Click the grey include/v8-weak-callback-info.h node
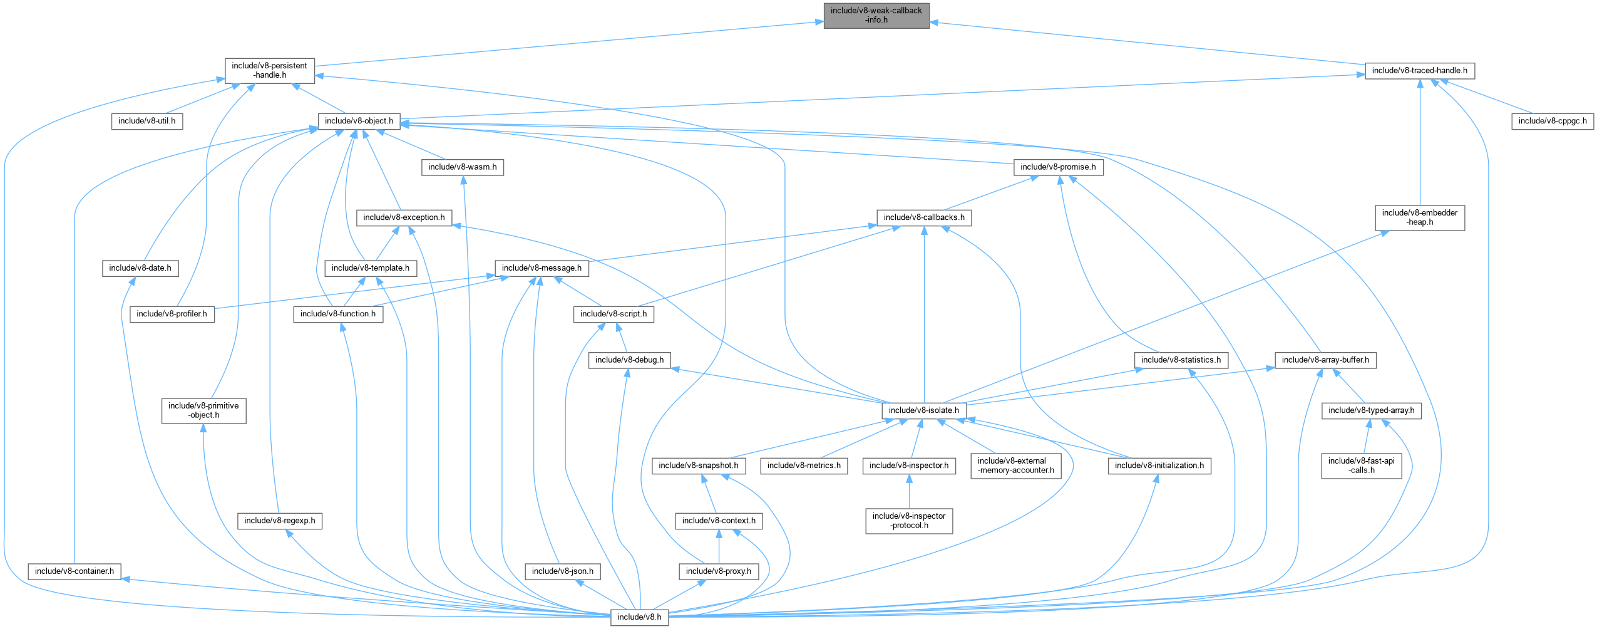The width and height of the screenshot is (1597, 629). tap(876, 15)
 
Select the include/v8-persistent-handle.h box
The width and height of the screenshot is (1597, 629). tap(269, 70)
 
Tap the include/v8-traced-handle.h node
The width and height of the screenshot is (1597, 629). tap(1419, 71)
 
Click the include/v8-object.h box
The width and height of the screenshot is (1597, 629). tap(359, 121)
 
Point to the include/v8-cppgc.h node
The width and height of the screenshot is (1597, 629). tap(1553, 121)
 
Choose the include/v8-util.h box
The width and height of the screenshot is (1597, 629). tap(146, 121)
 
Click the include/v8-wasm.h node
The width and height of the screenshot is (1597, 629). tap(462, 167)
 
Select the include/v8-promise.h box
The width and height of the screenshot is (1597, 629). tap(1058, 167)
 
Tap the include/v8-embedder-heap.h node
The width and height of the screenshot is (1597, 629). tap(1419, 217)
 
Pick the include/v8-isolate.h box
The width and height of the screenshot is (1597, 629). tap(923, 410)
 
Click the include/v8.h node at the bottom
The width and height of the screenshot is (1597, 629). tap(639, 617)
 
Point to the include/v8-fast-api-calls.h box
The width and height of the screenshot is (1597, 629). tap(1361, 465)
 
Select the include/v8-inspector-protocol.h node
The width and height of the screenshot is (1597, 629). tap(909, 521)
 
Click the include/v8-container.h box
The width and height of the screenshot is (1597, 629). tap(74, 571)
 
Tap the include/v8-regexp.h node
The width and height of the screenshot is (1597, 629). tap(279, 521)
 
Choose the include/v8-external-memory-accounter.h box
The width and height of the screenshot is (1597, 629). tap(1015, 465)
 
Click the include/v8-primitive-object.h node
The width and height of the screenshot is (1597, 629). tap(203, 410)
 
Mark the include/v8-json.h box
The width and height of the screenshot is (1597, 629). tap(562, 571)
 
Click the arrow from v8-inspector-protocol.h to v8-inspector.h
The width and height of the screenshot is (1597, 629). tap(909, 492)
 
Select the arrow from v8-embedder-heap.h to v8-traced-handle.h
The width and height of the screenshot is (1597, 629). tap(1420, 144)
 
